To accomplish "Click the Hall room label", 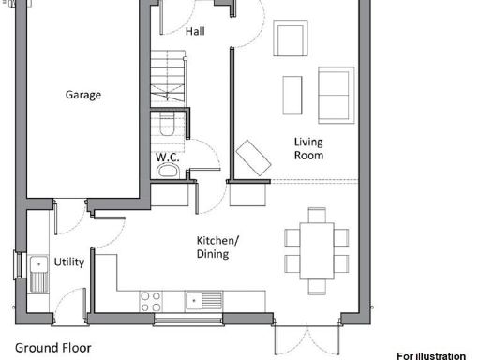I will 195,31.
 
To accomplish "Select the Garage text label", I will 83,95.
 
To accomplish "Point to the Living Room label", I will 308,149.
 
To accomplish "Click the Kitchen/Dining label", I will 217,247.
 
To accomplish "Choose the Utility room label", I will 68,262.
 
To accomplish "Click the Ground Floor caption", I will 53,347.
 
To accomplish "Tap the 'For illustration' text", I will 430,355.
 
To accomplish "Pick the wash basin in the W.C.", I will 168,171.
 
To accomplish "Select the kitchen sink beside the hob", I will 203,301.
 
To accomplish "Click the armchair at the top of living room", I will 290,40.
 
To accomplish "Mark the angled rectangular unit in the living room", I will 252,157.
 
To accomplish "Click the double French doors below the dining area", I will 305,337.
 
